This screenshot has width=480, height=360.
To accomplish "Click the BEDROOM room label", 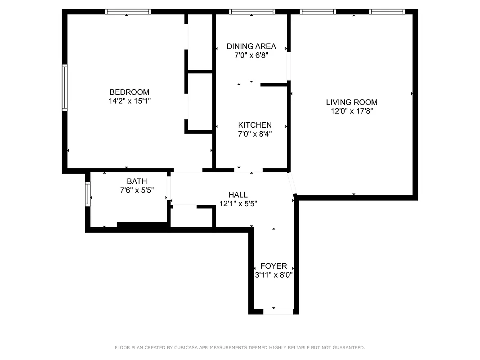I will click(130, 92).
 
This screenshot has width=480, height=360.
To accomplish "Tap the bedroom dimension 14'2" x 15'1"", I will click(130, 101).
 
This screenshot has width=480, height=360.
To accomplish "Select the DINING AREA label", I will click(251, 46).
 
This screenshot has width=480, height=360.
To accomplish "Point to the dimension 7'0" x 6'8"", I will click(251, 55).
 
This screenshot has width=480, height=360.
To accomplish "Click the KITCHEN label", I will click(255, 125).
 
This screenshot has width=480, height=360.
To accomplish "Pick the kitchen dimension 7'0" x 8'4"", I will click(255, 134).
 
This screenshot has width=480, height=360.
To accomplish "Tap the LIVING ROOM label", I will click(352, 102).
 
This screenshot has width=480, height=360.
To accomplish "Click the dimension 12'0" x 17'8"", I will click(352, 111).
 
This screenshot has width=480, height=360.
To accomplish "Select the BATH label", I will click(137, 181).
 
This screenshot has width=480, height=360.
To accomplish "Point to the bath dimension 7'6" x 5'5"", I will click(137, 190).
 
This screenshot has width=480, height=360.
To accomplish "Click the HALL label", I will click(238, 195).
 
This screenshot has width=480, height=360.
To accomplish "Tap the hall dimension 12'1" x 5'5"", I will click(238, 203).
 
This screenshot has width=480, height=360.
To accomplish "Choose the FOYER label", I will click(274, 266).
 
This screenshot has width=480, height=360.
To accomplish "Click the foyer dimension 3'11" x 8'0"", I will click(274, 274).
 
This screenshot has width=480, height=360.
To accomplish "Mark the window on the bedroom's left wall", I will click(65, 88).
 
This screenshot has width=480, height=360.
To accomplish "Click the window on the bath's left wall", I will click(88, 193).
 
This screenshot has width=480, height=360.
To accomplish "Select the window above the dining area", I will click(251, 12).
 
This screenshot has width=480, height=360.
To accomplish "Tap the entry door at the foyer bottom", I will click(278, 311).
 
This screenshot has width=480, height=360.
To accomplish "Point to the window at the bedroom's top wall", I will click(128, 12).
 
